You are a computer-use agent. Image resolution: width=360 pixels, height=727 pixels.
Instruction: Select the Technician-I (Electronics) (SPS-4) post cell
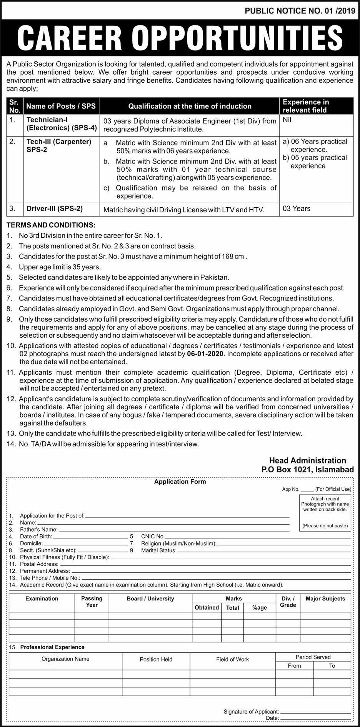pyautogui.click(x=62, y=124)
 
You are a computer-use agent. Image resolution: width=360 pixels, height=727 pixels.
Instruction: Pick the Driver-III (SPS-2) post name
pyautogui.click(x=55, y=209)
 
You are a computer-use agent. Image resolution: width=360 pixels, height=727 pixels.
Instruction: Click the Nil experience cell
pyautogui.click(x=287, y=120)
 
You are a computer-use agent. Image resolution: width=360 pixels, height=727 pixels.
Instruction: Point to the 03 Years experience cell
pyautogui.click(x=297, y=208)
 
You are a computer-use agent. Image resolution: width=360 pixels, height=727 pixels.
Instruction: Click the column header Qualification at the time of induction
pyautogui.click(x=190, y=106)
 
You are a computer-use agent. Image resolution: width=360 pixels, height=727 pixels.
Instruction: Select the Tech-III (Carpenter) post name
pyautogui.click(x=59, y=142)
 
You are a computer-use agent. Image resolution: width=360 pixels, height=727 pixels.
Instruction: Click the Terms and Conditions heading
pyautogui.click(x=51, y=225)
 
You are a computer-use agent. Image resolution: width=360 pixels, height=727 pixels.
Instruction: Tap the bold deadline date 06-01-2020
pyautogui.click(x=205, y=354)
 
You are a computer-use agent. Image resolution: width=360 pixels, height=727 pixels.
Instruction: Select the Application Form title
pyautogui.click(x=180, y=482)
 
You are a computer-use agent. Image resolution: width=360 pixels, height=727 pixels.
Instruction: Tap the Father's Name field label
pyautogui.click(x=38, y=529)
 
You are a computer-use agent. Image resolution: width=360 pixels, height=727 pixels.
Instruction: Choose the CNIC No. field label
pyautogui.click(x=153, y=536)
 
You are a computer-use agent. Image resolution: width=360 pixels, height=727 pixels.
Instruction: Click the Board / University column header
pyautogui.click(x=150, y=599)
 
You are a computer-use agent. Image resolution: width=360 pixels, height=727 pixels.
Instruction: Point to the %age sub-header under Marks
pyautogui.click(x=260, y=608)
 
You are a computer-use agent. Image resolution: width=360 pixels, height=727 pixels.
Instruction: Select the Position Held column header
pyautogui.click(x=156, y=659)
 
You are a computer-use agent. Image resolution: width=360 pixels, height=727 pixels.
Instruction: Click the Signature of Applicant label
pyautogui.click(x=251, y=712)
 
